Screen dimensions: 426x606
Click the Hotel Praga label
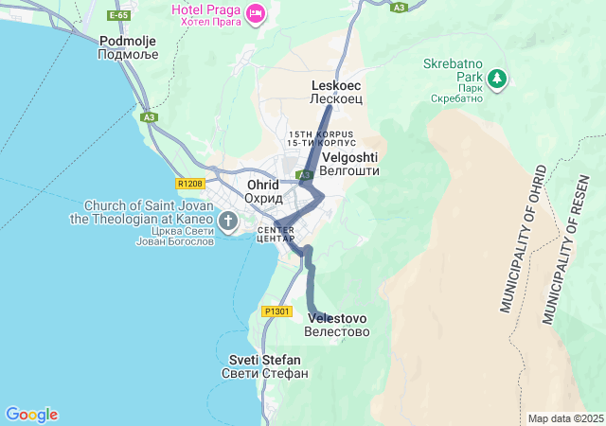point(205,15)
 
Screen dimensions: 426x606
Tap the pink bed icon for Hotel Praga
point(255,13)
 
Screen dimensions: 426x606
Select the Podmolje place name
point(129,47)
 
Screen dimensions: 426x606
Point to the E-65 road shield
point(118,16)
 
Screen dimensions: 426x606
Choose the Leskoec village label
point(336,92)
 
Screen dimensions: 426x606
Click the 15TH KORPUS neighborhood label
point(321,138)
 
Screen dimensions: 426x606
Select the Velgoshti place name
point(350,164)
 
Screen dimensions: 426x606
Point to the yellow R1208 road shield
point(190,183)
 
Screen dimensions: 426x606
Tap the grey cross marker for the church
point(228,222)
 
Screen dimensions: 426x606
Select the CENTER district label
point(276,234)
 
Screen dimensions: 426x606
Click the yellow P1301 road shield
point(276,311)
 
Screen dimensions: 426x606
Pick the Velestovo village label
point(336,324)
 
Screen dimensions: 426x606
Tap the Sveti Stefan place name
point(265,366)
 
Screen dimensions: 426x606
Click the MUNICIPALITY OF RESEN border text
point(567,256)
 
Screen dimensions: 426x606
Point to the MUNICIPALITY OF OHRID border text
point(523,241)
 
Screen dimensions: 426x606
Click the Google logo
point(31,415)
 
